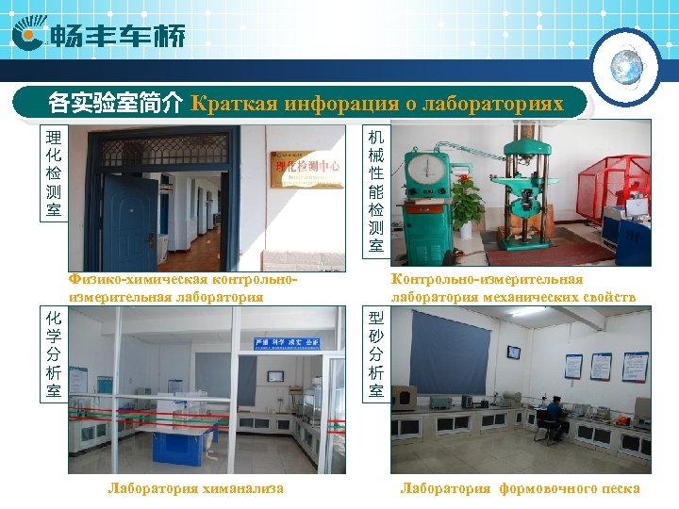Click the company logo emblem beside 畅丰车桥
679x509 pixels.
point(31,36)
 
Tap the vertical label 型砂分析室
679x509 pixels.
point(376,353)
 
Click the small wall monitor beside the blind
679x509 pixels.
point(514,353)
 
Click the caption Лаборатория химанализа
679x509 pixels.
point(196,488)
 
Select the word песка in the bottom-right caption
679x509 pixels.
point(619,488)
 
